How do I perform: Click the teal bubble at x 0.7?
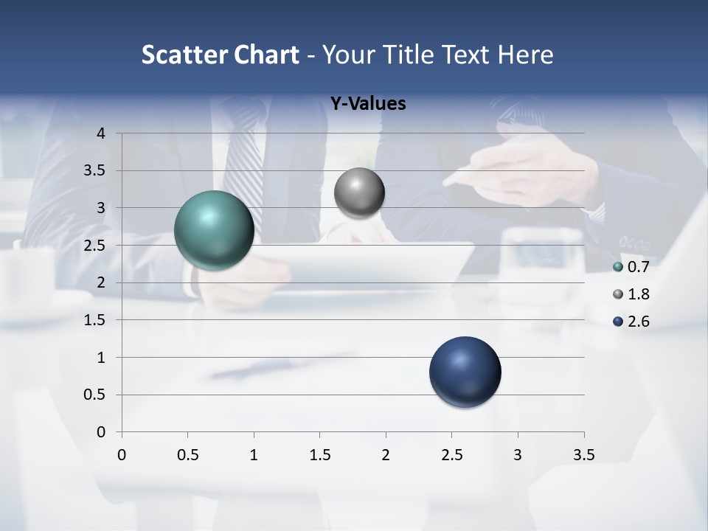tap(214, 230)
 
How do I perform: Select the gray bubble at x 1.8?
tap(359, 193)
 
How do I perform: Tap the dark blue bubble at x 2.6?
tap(465, 372)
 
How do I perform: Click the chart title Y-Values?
tap(368, 104)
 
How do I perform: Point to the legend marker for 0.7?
tap(618, 267)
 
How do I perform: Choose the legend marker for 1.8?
tap(618, 294)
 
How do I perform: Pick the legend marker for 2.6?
tap(618, 322)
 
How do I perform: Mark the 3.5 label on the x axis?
tap(583, 455)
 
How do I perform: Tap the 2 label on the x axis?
tap(386, 455)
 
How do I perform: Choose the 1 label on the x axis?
tap(254, 455)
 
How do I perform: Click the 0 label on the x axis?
tap(122, 455)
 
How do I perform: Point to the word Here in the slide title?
tap(525, 55)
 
